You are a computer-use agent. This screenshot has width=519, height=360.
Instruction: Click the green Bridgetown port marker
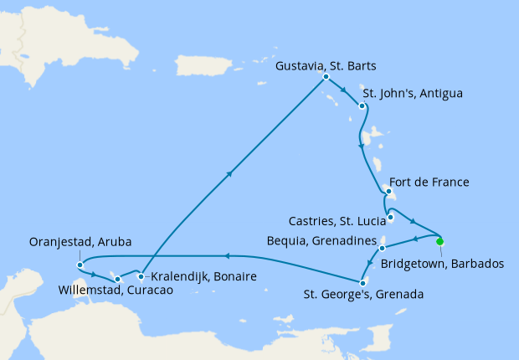coord(440,242)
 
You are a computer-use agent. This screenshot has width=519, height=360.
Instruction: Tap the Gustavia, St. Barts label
coord(326,65)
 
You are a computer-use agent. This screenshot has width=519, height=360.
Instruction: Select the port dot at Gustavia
coord(324,79)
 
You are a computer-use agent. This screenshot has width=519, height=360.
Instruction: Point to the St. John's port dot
coord(361,105)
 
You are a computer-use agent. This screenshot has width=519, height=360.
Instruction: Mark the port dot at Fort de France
coord(388,192)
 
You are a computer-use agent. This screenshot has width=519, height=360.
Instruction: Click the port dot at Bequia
coord(382,248)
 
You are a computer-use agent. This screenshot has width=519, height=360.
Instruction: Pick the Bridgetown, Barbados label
coord(442,264)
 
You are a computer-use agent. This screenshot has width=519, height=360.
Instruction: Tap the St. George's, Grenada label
coord(363,295)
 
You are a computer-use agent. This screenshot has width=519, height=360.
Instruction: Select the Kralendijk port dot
coord(141,276)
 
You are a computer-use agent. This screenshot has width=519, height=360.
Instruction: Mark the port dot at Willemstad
coord(118,279)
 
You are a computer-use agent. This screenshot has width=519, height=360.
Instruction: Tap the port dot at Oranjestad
coord(80,265)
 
